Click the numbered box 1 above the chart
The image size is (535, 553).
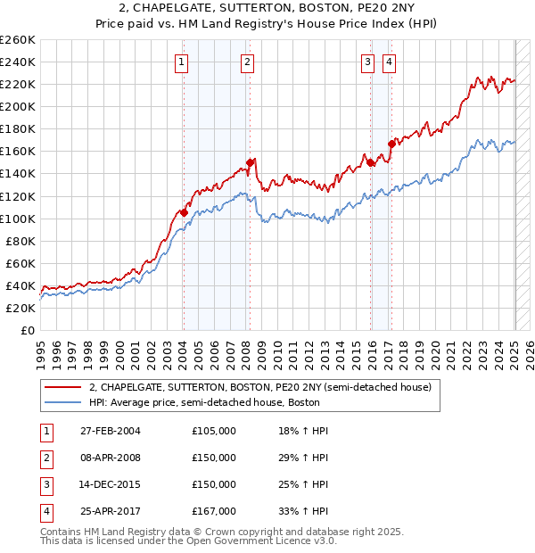181,62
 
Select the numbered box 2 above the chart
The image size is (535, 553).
246,62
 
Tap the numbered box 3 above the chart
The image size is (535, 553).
367,62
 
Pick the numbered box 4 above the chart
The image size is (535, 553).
390,62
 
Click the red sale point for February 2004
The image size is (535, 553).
184,212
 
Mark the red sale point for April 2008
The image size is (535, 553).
250,162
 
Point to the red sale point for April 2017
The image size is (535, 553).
391,144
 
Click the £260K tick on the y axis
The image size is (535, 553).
18,40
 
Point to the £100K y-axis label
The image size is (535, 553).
18,219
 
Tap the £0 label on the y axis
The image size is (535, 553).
27,330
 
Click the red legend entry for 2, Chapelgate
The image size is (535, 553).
260,387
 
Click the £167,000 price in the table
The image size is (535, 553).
214,512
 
